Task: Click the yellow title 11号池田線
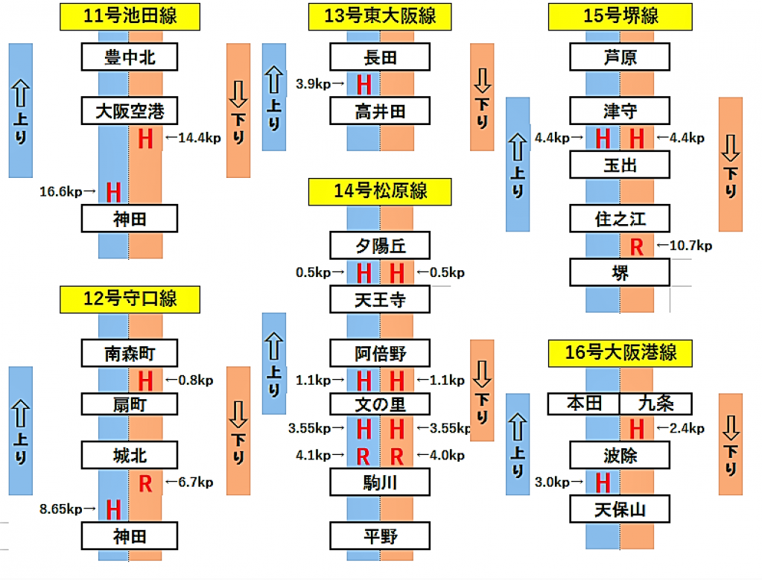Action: [130, 16]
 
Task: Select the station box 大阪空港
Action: [130, 112]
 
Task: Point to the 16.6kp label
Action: [68, 192]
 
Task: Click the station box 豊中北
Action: [130, 57]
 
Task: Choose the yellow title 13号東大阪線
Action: [380, 16]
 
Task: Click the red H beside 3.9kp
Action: [363, 84]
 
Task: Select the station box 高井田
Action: [380, 112]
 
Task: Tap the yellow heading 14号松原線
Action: [380, 191]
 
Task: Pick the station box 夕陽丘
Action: [380, 245]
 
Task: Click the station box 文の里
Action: [380, 404]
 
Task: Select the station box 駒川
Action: [380, 482]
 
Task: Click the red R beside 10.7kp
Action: [636, 246]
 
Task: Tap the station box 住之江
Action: [620, 219]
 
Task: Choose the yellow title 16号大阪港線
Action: [620, 352]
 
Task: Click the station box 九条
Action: [655, 404]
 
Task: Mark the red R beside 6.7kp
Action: [146, 483]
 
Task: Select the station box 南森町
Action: [130, 352]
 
